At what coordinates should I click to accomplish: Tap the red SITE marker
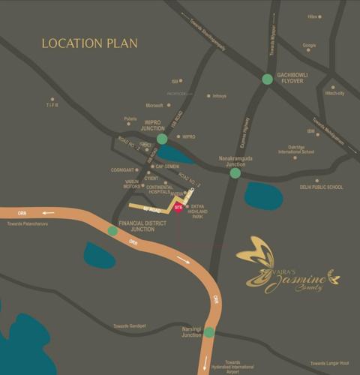pyautogui.click(x=178, y=207)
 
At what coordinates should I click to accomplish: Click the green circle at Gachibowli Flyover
pyautogui.click(x=268, y=79)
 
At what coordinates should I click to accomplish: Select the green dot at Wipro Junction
pyautogui.click(x=162, y=139)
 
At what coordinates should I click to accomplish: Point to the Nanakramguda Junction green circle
pyautogui.click(x=235, y=173)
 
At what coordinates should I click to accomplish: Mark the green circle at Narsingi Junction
pyautogui.click(x=209, y=332)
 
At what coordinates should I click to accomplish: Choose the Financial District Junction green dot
pyautogui.click(x=112, y=231)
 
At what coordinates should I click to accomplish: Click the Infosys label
pyautogui.click(x=219, y=96)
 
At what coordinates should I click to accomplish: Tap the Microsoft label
pyautogui.click(x=154, y=106)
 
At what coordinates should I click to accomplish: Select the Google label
pyautogui.click(x=309, y=46)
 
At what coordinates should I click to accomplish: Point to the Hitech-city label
pyautogui.click(x=334, y=94)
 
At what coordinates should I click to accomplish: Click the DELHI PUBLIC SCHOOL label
pyautogui.click(x=321, y=187)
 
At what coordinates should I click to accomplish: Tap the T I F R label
pyautogui.click(x=52, y=106)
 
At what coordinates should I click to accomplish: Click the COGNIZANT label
pyautogui.click(x=122, y=169)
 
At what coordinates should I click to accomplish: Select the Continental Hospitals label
pyautogui.click(x=159, y=189)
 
